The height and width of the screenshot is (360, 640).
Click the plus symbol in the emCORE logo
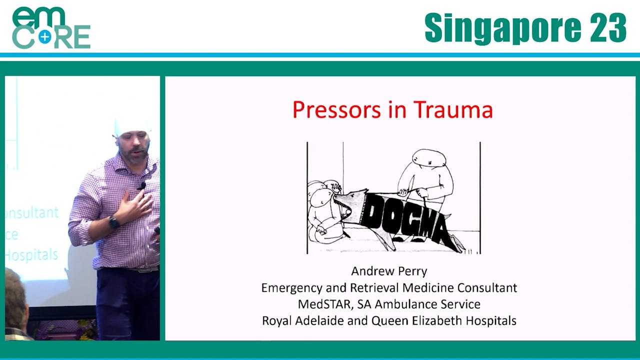coord(45,36)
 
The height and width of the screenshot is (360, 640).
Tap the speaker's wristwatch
coord(114,222)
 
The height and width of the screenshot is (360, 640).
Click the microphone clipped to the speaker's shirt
coord(142,186)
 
